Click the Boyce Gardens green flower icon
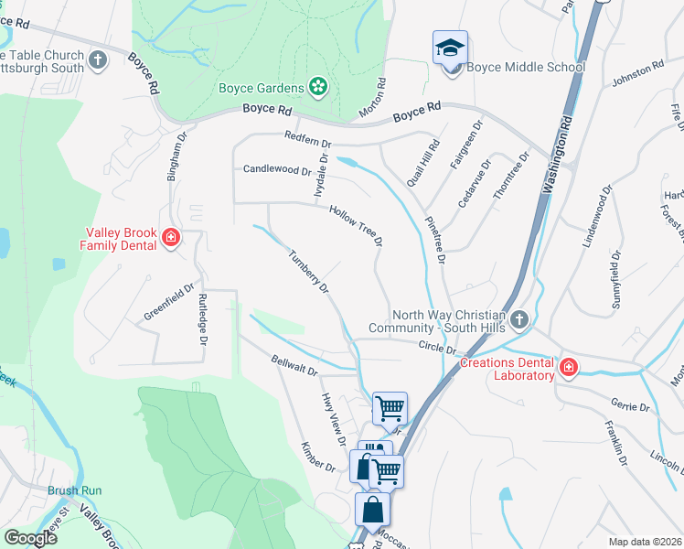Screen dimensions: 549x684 [x=318, y=87]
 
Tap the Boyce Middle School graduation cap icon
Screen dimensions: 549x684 [x=449, y=48]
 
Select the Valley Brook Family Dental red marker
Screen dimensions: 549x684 [x=170, y=239]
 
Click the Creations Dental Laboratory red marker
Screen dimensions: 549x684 [x=568, y=368]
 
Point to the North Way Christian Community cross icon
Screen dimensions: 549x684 [x=519, y=319]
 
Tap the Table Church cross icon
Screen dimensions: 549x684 [x=99, y=61]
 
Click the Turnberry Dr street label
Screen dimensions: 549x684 [x=308, y=272]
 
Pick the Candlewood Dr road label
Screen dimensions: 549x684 [x=277, y=169]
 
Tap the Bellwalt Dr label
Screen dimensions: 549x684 [x=294, y=365]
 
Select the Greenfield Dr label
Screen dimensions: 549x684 [x=170, y=301]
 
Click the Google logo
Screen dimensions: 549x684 [x=30, y=537]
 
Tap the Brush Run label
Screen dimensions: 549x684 [x=75, y=490]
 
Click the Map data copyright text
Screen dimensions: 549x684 [x=645, y=541]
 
